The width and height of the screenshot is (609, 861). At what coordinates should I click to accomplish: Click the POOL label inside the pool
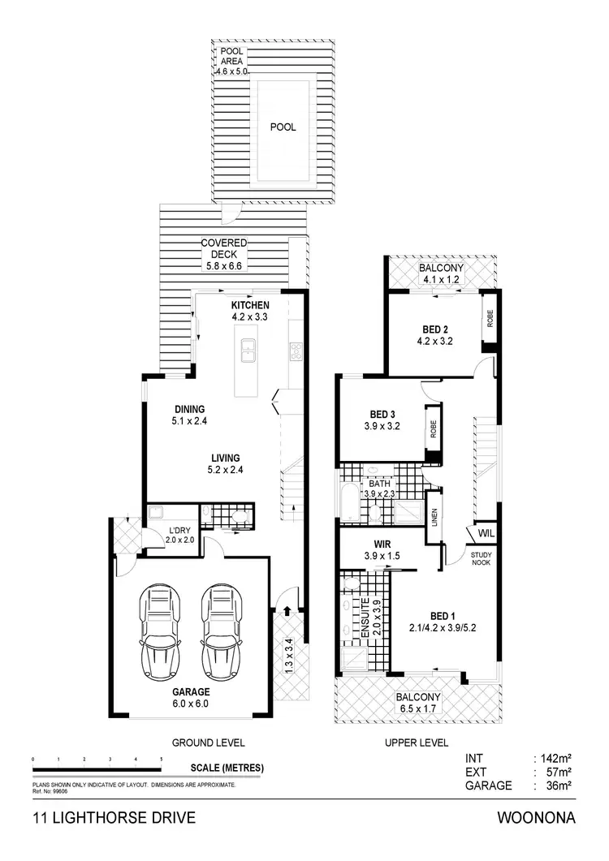(x=283, y=127)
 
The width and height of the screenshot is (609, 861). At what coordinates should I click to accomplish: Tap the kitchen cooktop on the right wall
(x=296, y=352)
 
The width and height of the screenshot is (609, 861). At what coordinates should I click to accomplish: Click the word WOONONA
(x=538, y=818)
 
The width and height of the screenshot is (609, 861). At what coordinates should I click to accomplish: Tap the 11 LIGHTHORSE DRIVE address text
(x=114, y=818)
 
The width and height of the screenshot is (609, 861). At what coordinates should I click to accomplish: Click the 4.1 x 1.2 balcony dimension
(x=441, y=281)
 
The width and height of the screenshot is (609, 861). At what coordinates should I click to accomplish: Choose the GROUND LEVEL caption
(x=208, y=742)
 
